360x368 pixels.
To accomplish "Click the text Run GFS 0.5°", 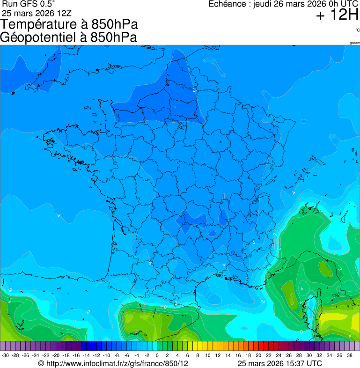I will (x=29, y=4).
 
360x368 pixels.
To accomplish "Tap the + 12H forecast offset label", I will (x=337, y=15).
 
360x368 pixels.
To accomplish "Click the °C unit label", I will (x=357, y=30).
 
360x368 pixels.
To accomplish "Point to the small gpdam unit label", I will (x=354, y=43).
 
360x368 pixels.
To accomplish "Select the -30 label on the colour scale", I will (x=5, y=355).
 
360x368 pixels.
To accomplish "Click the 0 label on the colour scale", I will (x=157, y=355).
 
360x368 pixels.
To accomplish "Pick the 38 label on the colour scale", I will (x=350, y=355).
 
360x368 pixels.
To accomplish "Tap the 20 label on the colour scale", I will (x=258, y=355).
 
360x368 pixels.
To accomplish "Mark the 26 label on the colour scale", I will (x=289, y=355).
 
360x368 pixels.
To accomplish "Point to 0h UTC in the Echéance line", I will (x=329, y=4).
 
